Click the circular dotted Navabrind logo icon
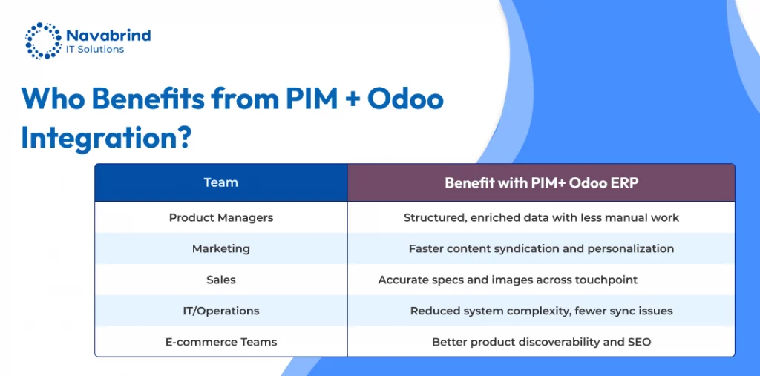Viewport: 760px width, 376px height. pyautogui.click(x=43, y=40)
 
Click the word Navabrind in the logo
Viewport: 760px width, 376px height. pyautogui.click(x=108, y=36)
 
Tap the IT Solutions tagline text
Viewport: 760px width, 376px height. pyautogui.click(x=95, y=50)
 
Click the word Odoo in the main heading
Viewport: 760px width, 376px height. pyautogui.click(x=405, y=99)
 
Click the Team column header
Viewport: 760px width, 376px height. pyautogui.click(x=221, y=182)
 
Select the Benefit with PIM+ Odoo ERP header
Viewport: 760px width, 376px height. pyautogui.click(x=541, y=183)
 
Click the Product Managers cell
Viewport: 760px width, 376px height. pyautogui.click(x=221, y=217)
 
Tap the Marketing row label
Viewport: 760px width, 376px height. pyautogui.click(x=221, y=249)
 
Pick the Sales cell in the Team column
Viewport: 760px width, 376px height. pyautogui.click(x=221, y=280)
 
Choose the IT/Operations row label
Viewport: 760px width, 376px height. pyautogui.click(x=221, y=311)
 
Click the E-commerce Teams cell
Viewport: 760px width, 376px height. pyautogui.click(x=221, y=342)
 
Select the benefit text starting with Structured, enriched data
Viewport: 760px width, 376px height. pyautogui.click(x=541, y=217)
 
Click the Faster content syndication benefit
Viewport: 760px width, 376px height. pyautogui.click(x=541, y=249)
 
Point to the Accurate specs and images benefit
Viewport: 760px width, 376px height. pyautogui.click(x=508, y=280)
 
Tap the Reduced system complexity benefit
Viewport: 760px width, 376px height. pyautogui.click(x=541, y=311)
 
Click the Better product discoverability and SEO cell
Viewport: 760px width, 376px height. pyautogui.click(x=541, y=342)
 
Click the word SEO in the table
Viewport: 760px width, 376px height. pyautogui.click(x=640, y=342)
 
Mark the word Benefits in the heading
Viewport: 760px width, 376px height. pyautogui.click(x=148, y=99)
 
